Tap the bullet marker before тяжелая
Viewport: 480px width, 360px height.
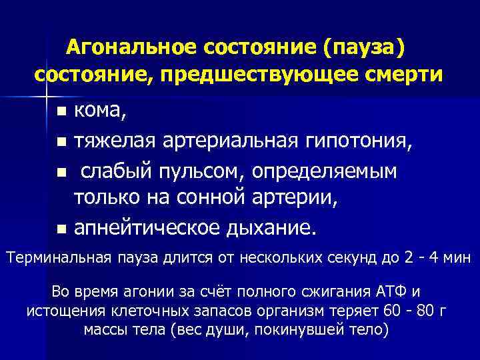(61, 141)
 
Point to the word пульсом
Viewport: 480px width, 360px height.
(205, 171)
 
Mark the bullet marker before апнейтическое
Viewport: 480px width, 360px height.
(61, 230)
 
